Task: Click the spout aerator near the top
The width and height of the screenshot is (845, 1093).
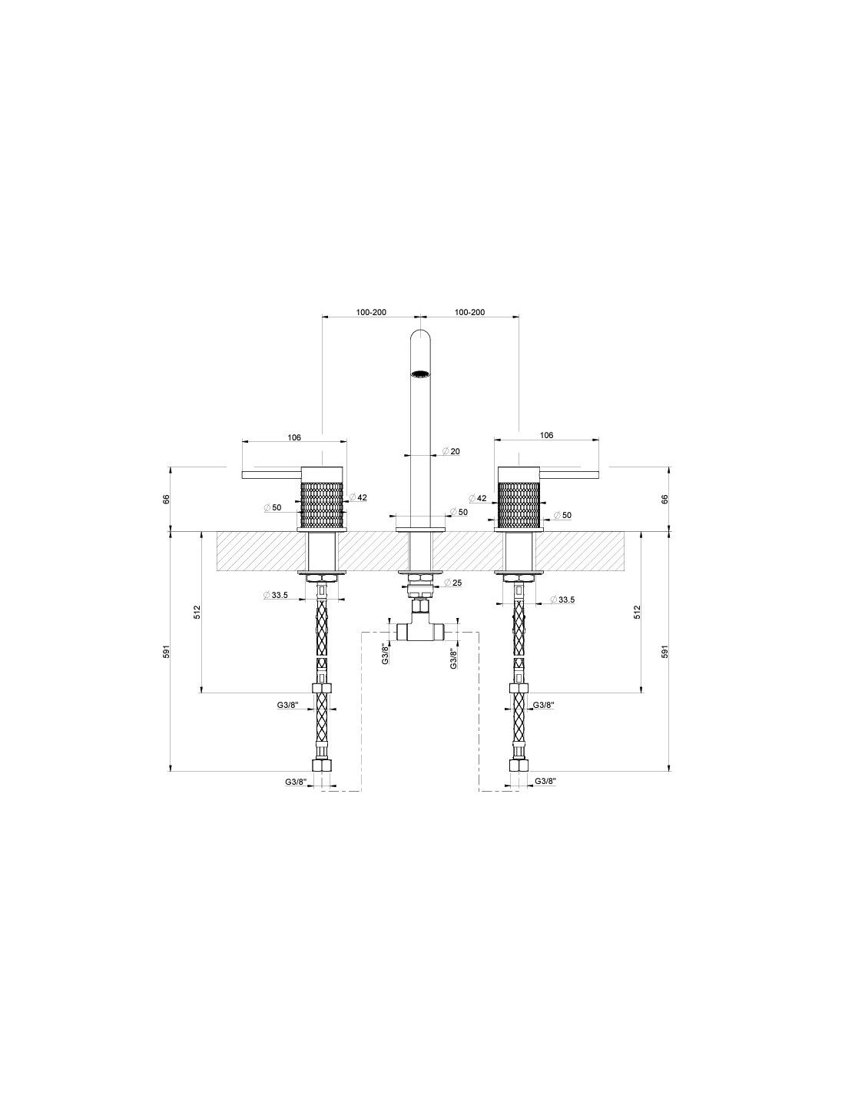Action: (420, 374)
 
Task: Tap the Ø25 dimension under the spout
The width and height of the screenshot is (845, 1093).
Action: (453, 583)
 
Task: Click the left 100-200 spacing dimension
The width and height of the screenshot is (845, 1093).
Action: (371, 312)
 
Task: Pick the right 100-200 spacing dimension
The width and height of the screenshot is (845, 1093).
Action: (469, 312)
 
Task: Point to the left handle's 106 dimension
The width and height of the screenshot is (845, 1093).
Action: (294, 437)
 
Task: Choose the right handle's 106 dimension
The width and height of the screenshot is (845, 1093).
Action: (546, 435)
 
